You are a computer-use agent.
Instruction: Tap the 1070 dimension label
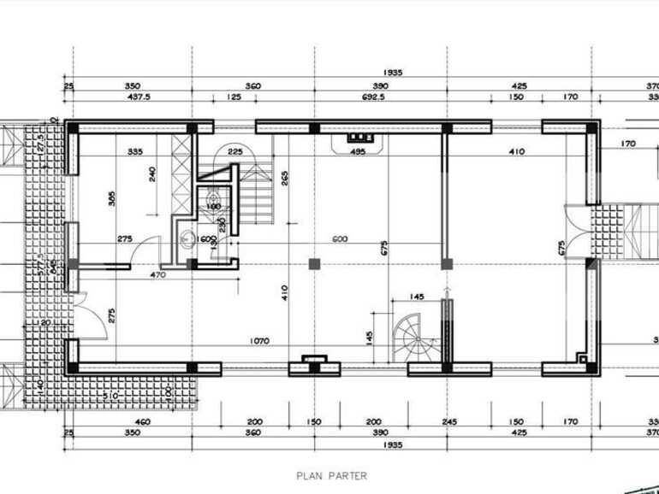[259, 341]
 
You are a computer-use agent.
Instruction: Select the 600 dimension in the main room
[341, 239]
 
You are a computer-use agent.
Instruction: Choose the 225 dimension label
[236, 152]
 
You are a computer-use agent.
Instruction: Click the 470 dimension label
[157, 275]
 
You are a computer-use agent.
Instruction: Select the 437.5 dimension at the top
[139, 97]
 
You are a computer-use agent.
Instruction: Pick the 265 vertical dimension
[284, 178]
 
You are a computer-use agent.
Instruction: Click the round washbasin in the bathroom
[186, 239]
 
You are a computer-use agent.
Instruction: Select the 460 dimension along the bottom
[142, 421]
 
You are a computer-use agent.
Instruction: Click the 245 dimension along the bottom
[450, 421]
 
